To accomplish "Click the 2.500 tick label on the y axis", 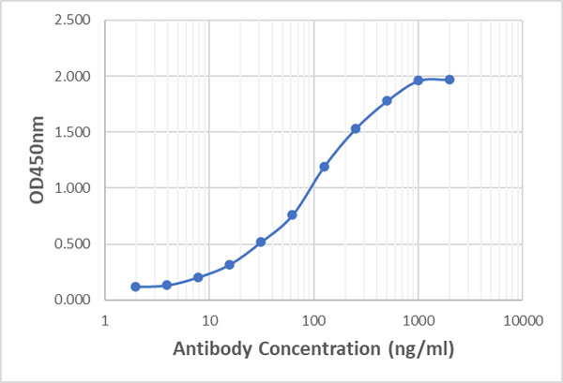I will coord(73,20).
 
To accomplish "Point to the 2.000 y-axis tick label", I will coord(73,76).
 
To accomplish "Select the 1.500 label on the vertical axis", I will coord(73,132).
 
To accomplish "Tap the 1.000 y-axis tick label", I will coord(73,188).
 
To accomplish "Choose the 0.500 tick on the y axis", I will coord(73,244).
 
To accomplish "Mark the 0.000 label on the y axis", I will coord(73,301).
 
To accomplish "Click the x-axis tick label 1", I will coord(104,320).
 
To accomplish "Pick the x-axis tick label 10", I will coord(208,320).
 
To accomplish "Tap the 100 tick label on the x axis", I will coord(313,320).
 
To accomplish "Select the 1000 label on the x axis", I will coord(418,320).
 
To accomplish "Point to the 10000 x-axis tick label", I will coord(522,320).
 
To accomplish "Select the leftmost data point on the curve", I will coord(135,287).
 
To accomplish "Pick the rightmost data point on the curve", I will coord(449,80).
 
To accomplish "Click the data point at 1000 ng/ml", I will coord(418,81).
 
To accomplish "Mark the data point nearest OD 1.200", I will coord(324,167).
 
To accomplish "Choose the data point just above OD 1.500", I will coord(356,128).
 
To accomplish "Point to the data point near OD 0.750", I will coord(292,214).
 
